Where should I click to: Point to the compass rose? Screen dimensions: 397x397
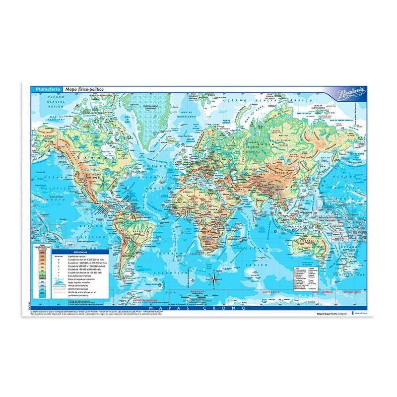click(x=214, y=280)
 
